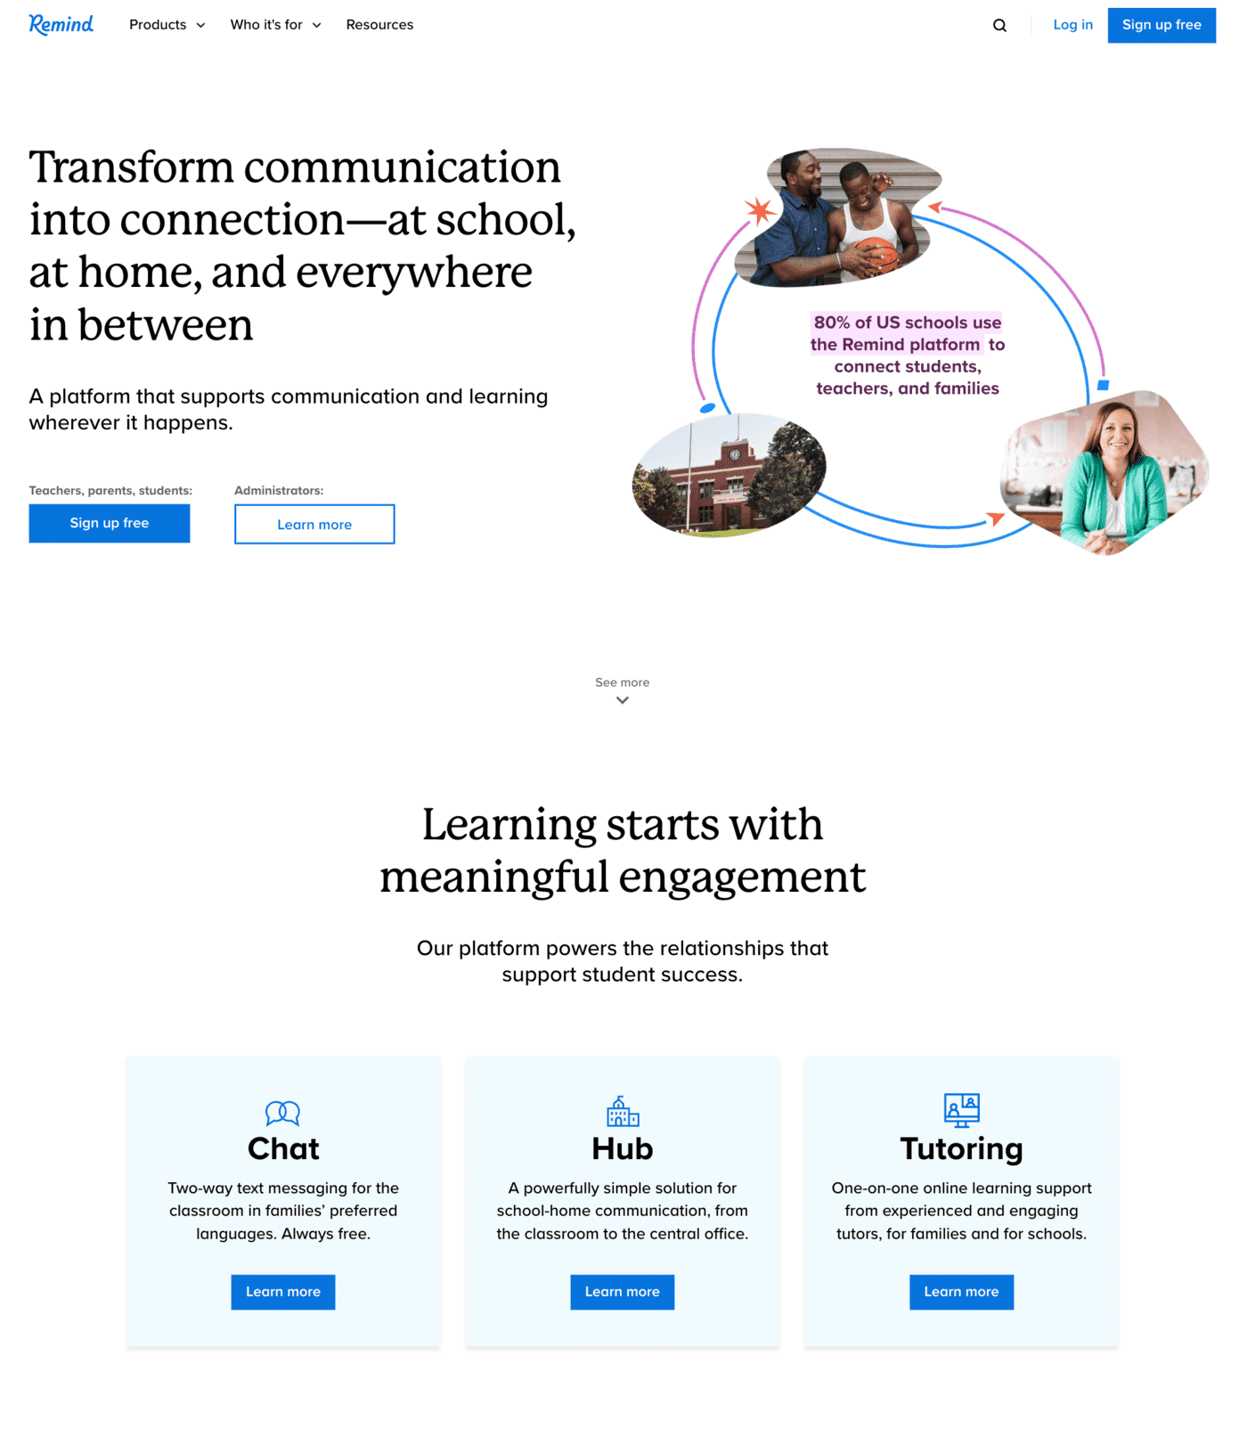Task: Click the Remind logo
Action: pyautogui.click(x=61, y=24)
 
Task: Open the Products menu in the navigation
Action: pyautogui.click(x=167, y=25)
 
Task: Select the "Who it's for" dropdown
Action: pyautogui.click(x=275, y=25)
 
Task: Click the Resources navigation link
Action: pyautogui.click(x=379, y=25)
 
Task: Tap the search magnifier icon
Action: pyautogui.click(x=999, y=26)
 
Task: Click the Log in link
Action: pyautogui.click(x=1072, y=25)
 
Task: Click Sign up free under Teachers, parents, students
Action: pyautogui.click(x=110, y=523)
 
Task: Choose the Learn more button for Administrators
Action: pyautogui.click(x=314, y=524)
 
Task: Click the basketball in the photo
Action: pyautogui.click(x=876, y=255)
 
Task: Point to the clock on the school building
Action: pyautogui.click(x=735, y=453)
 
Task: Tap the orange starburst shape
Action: pyautogui.click(x=760, y=211)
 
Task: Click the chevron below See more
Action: pyautogui.click(x=623, y=700)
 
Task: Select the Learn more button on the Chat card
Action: pyautogui.click(x=283, y=1292)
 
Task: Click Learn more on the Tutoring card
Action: pyautogui.click(x=961, y=1292)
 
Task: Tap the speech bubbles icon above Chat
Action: pyautogui.click(x=283, y=1113)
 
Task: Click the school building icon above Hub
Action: pyautogui.click(x=623, y=1111)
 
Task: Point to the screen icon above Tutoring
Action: pyautogui.click(x=962, y=1110)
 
